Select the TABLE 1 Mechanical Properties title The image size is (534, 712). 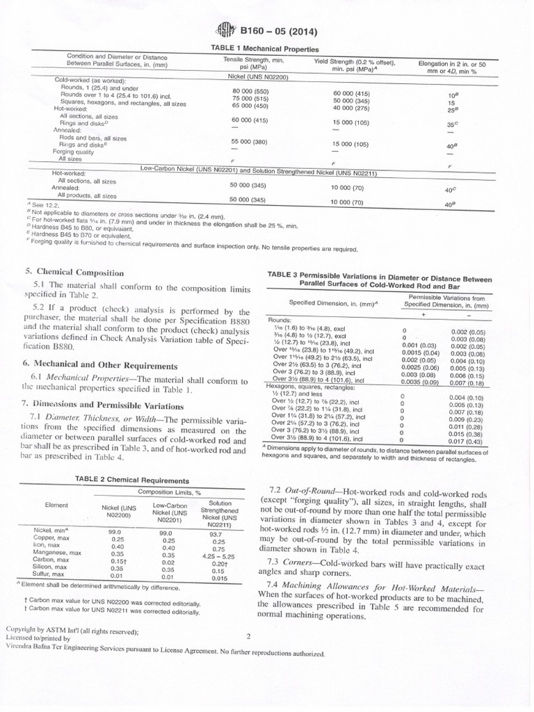point(264,49)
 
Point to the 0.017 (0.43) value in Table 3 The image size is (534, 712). point(467,440)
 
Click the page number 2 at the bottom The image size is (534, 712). point(248,636)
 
